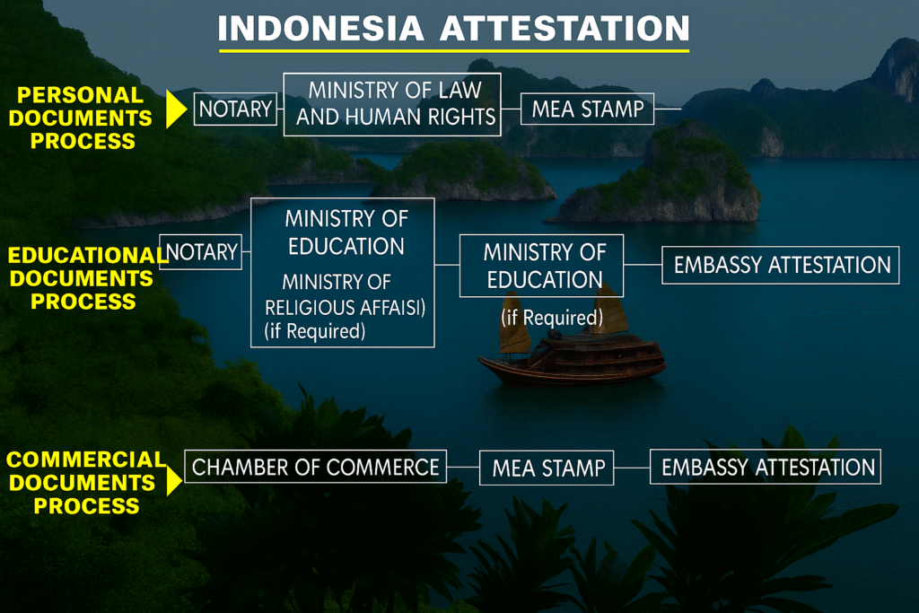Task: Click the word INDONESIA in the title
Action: [x=320, y=28]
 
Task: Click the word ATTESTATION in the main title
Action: [x=565, y=28]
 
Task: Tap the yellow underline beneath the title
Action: [x=454, y=51]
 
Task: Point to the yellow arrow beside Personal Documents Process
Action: [x=176, y=109]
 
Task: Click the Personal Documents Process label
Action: [x=81, y=118]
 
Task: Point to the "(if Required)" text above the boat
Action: [x=552, y=317]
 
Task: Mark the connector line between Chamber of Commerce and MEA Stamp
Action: [x=463, y=467]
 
